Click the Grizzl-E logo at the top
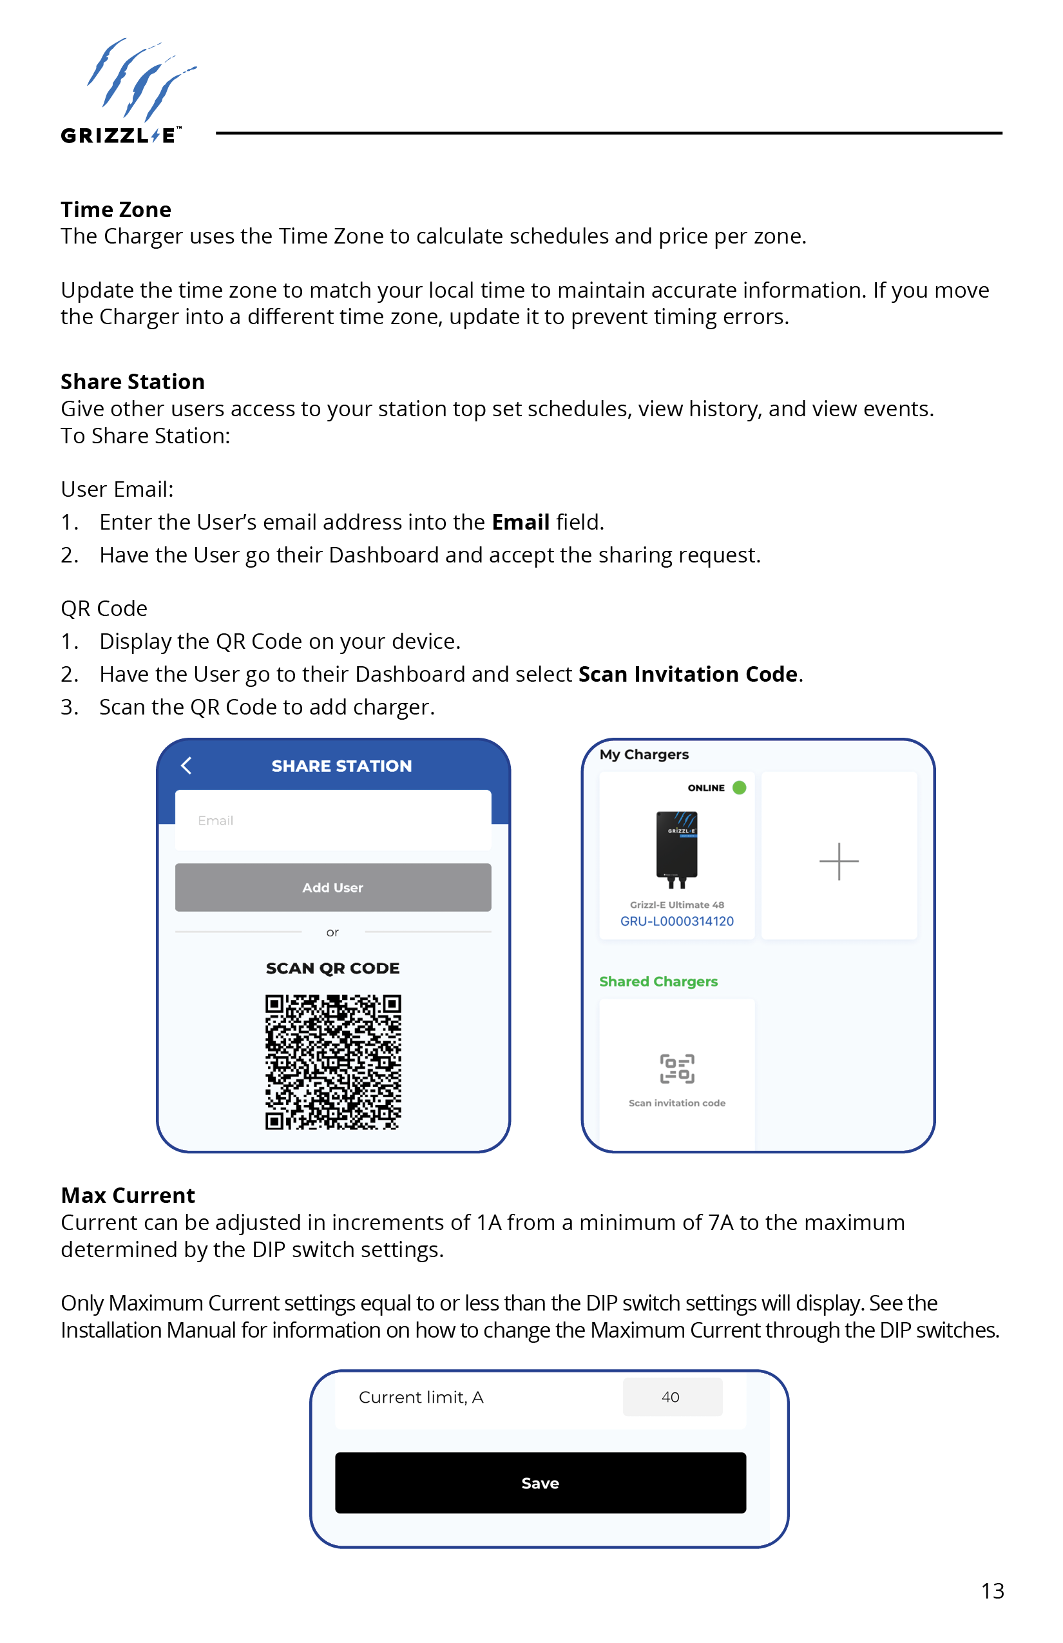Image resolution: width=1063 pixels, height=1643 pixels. (x=128, y=91)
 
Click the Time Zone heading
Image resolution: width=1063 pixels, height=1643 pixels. (x=116, y=209)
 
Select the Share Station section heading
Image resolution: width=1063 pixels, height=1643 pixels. (x=133, y=381)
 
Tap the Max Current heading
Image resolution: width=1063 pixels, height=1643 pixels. (x=128, y=1195)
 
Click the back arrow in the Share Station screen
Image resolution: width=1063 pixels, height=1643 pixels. (x=186, y=765)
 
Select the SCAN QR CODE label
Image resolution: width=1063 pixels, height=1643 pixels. (x=332, y=968)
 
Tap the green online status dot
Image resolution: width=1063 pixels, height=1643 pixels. (x=740, y=787)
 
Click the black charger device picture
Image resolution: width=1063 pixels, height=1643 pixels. (x=676, y=849)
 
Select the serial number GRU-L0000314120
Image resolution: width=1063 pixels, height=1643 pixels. (x=676, y=921)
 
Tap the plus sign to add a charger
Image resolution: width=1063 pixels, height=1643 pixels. (x=839, y=861)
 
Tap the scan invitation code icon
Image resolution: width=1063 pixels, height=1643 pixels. (x=676, y=1069)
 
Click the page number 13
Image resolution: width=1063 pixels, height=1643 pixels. (x=992, y=1591)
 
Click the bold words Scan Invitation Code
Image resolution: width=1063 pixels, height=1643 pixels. (x=687, y=674)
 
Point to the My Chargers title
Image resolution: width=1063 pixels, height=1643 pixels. (x=644, y=754)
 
